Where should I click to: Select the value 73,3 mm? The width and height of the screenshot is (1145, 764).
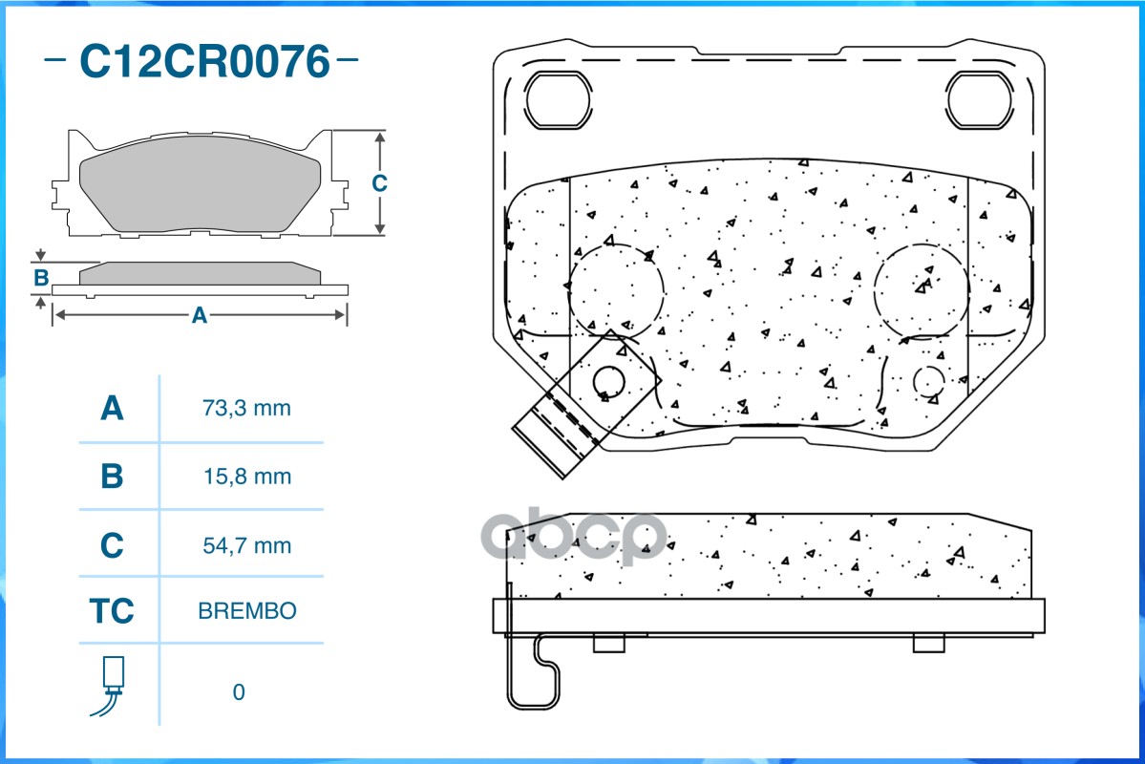[246, 409]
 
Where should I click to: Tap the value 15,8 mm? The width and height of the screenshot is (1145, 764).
[246, 477]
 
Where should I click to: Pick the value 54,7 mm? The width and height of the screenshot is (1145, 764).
[246, 545]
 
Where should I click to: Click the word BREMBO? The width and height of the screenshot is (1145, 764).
[247, 611]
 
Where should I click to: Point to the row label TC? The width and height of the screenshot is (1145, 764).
[112, 611]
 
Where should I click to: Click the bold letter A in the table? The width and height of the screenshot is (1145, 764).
[112, 409]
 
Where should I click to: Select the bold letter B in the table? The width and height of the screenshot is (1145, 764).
[112, 477]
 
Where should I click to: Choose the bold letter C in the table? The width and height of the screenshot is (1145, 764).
[112, 545]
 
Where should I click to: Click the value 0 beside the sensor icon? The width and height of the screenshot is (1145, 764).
[239, 692]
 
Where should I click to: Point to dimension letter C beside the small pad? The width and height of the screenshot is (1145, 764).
[379, 183]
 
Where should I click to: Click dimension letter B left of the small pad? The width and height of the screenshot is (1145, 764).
[41, 278]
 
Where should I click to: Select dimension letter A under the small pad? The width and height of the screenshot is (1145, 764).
[199, 315]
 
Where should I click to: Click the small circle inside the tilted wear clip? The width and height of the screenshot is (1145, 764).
[608, 383]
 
